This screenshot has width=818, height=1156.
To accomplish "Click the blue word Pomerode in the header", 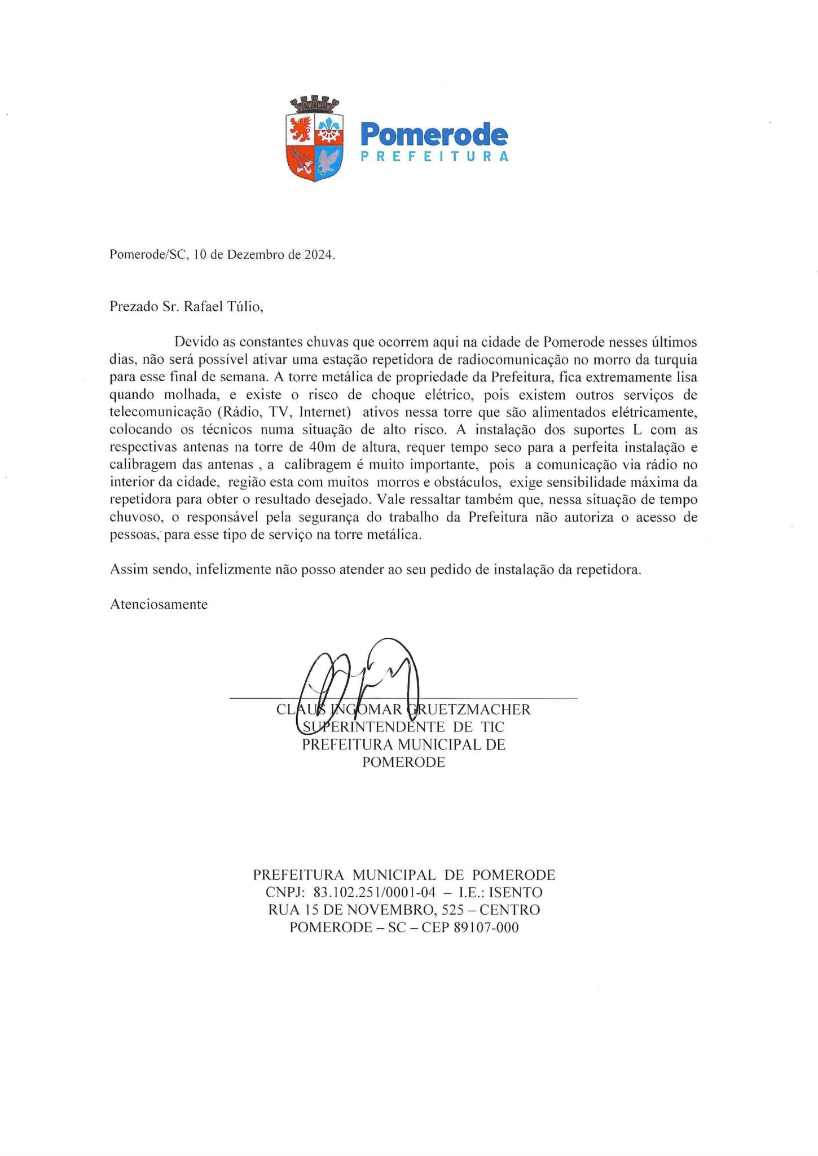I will coord(433,135).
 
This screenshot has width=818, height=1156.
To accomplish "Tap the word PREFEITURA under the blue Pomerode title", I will coord(434,157).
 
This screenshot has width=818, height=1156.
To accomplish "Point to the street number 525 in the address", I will coord(453,910).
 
